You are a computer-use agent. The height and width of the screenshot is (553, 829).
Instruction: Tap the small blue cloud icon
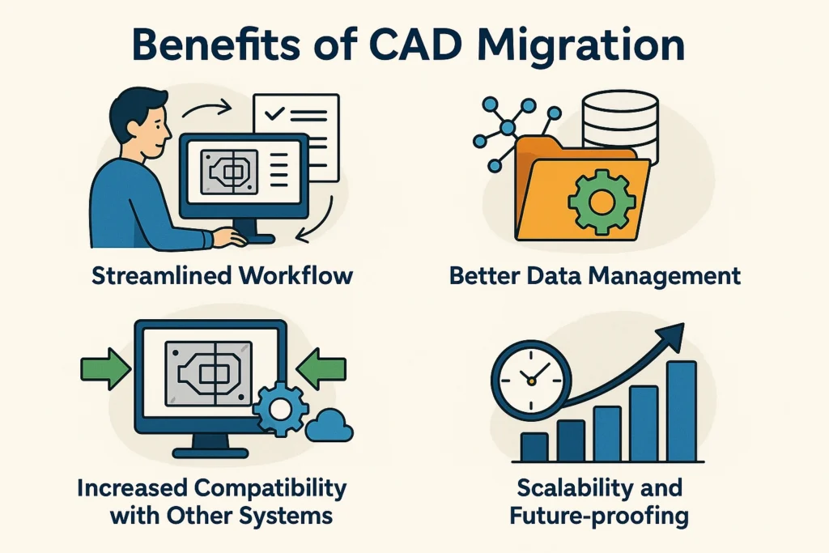pyautogui.click(x=329, y=425)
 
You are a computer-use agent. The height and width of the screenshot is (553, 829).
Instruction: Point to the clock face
pyautogui.click(x=531, y=380)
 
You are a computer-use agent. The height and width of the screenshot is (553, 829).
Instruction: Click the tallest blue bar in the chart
pyautogui.click(x=682, y=410)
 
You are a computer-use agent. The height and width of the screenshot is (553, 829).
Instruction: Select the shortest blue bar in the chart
pyautogui.click(x=534, y=447)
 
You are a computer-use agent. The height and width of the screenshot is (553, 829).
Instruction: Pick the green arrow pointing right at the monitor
pyautogui.click(x=105, y=368)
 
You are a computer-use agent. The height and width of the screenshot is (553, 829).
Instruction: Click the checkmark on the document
pyautogui.click(x=274, y=113)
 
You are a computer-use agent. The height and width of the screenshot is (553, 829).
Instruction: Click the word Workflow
pyautogui.click(x=295, y=276)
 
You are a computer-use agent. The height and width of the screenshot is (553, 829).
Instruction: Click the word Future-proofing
pyautogui.click(x=599, y=516)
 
